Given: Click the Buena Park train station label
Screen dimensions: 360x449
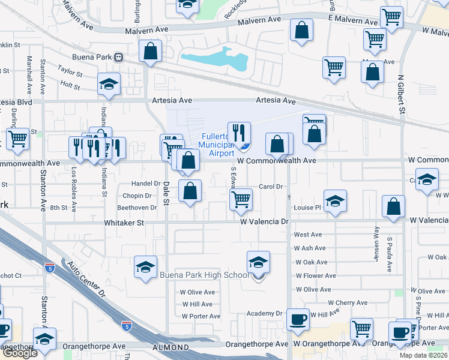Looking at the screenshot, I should pyautogui.click(x=95, y=58).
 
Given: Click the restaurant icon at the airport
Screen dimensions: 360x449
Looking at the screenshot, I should pyautogui.click(x=239, y=133).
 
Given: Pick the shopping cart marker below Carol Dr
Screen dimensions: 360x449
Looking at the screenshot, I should pyautogui.click(x=241, y=199).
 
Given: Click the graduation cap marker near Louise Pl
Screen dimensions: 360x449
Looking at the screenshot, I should pyautogui.click(x=335, y=201).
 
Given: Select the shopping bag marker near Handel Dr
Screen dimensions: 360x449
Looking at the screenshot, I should pyautogui.click(x=190, y=191).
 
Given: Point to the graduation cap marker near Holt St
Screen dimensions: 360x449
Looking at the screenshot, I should pyautogui.click(x=109, y=84).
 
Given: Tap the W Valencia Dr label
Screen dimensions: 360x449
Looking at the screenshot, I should pyautogui.click(x=265, y=222).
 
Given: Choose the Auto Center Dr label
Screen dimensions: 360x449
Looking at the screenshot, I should pyautogui.click(x=86, y=280).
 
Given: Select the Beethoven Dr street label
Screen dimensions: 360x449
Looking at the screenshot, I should pyautogui.click(x=136, y=208).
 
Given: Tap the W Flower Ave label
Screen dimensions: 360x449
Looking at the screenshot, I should pyautogui.click(x=312, y=276).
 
